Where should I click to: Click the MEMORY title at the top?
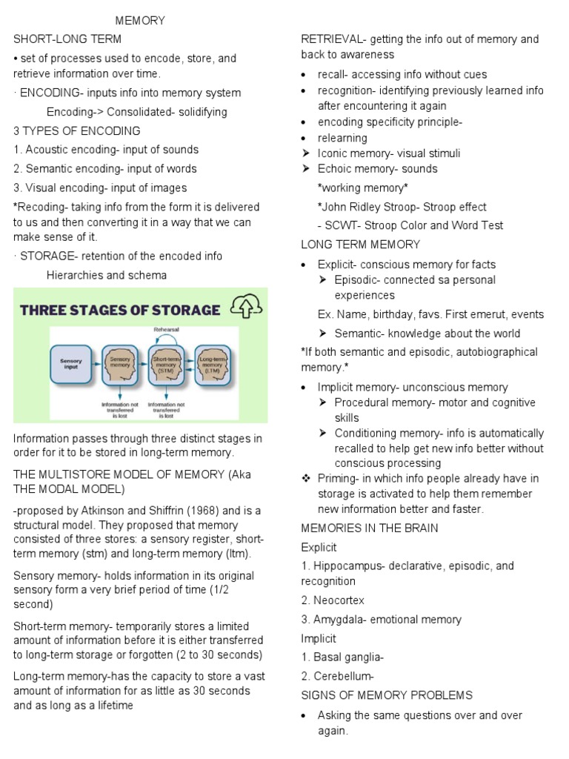pos(140,21)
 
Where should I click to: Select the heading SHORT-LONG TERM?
pos(67,39)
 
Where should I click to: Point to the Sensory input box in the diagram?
pos(71,363)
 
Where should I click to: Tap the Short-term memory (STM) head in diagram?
pos(166,365)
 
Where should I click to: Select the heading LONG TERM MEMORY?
pos(360,245)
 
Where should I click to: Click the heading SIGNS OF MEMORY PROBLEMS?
pos(386,695)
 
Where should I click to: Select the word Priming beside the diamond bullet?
pos(336,478)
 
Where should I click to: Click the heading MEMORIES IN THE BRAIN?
pos(370,528)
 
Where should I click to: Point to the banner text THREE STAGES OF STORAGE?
pos(120,309)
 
